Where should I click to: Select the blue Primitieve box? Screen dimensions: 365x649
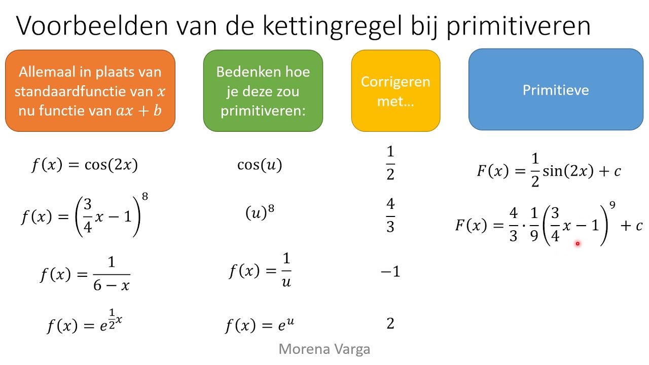click(x=556, y=90)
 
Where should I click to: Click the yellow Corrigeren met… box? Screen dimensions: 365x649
click(x=395, y=91)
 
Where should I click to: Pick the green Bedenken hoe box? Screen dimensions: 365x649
click(x=263, y=91)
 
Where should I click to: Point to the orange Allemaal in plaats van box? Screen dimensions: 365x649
click(x=90, y=91)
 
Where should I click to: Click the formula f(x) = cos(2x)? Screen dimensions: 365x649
click(x=84, y=165)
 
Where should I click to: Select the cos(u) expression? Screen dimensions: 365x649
click(x=260, y=165)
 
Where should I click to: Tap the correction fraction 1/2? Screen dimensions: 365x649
click(x=390, y=163)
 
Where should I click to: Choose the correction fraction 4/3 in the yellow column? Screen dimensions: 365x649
click(x=390, y=215)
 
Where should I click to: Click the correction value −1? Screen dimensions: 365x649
click(x=390, y=272)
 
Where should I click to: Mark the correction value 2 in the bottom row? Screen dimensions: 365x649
click(x=390, y=323)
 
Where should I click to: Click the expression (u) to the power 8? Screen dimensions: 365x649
click(x=260, y=213)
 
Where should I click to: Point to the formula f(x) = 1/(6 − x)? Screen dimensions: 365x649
click(x=85, y=274)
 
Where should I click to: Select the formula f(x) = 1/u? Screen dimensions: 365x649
click(x=260, y=271)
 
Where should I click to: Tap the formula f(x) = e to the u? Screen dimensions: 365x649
click(x=259, y=324)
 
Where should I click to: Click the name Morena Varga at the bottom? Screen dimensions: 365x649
click(x=324, y=349)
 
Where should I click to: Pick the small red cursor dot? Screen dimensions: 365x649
click(x=577, y=244)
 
